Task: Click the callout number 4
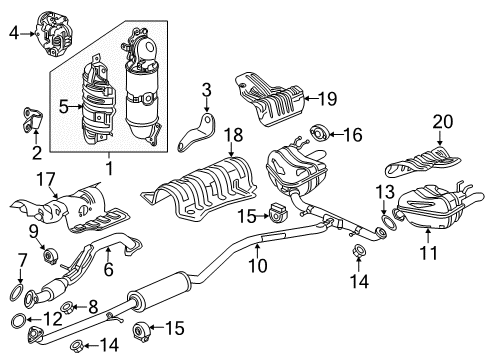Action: point(14,33)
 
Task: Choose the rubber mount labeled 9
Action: point(51,256)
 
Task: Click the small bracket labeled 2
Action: point(32,119)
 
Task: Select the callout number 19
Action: point(328,99)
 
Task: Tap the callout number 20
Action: point(443,122)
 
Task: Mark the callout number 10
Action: point(258,266)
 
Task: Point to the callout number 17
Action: point(45,179)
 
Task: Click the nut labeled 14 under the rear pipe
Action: point(358,250)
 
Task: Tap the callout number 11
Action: point(428,253)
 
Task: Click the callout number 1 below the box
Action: point(109,169)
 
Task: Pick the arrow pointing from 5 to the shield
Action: point(76,107)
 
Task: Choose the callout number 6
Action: point(109,269)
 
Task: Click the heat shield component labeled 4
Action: point(55,34)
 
